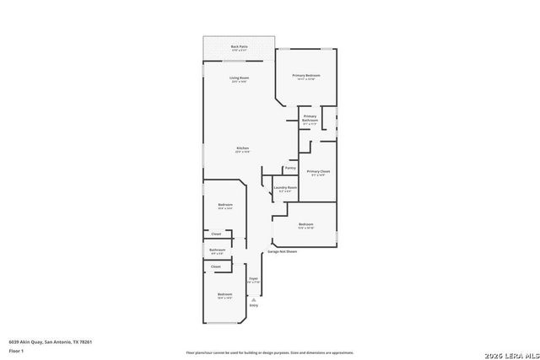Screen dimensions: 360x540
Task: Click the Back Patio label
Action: [x=239, y=47]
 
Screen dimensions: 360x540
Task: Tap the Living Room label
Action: [x=239, y=79]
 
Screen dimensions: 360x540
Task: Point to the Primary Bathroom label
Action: [x=310, y=118]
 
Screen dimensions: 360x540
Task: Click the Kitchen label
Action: [x=241, y=150]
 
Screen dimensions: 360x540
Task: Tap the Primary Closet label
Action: [x=318, y=172]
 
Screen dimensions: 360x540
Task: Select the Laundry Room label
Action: [x=285, y=188]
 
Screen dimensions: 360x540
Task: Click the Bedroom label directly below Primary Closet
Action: [x=305, y=225]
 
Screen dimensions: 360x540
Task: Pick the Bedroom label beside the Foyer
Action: [x=224, y=295]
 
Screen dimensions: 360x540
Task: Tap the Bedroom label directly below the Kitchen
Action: [x=225, y=206]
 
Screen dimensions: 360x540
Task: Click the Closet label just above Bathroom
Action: [x=216, y=234]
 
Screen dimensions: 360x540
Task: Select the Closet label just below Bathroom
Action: [x=216, y=266]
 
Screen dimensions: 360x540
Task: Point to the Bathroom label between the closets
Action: [x=217, y=250]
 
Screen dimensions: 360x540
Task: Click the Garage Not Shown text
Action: [x=283, y=251]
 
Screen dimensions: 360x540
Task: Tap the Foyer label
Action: [x=253, y=279]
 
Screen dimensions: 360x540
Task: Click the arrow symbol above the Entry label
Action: [x=254, y=299]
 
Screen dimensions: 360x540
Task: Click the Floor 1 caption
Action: [x=15, y=350]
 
